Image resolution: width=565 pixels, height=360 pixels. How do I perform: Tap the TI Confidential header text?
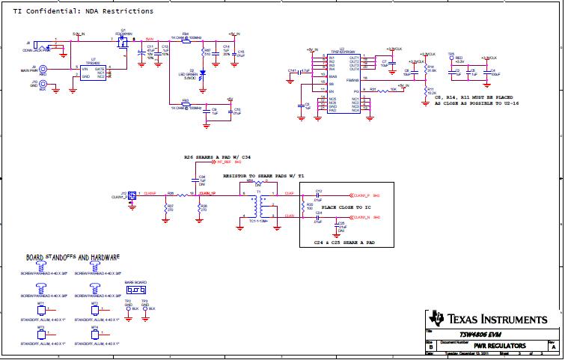[x=83, y=11]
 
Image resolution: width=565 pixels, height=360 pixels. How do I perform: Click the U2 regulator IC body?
[x=343, y=83]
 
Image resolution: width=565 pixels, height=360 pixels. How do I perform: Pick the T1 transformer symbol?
[x=258, y=204]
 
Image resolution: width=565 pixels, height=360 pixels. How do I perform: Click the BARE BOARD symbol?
[x=135, y=287]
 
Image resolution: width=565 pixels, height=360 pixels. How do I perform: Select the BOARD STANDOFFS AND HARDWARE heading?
[x=73, y=257]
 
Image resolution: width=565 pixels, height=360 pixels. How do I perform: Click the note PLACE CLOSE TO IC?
[x=346, y=206]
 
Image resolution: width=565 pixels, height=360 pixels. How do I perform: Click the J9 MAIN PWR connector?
[x=43, y=73]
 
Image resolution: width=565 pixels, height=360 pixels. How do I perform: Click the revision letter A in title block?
[x=552, y=347]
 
